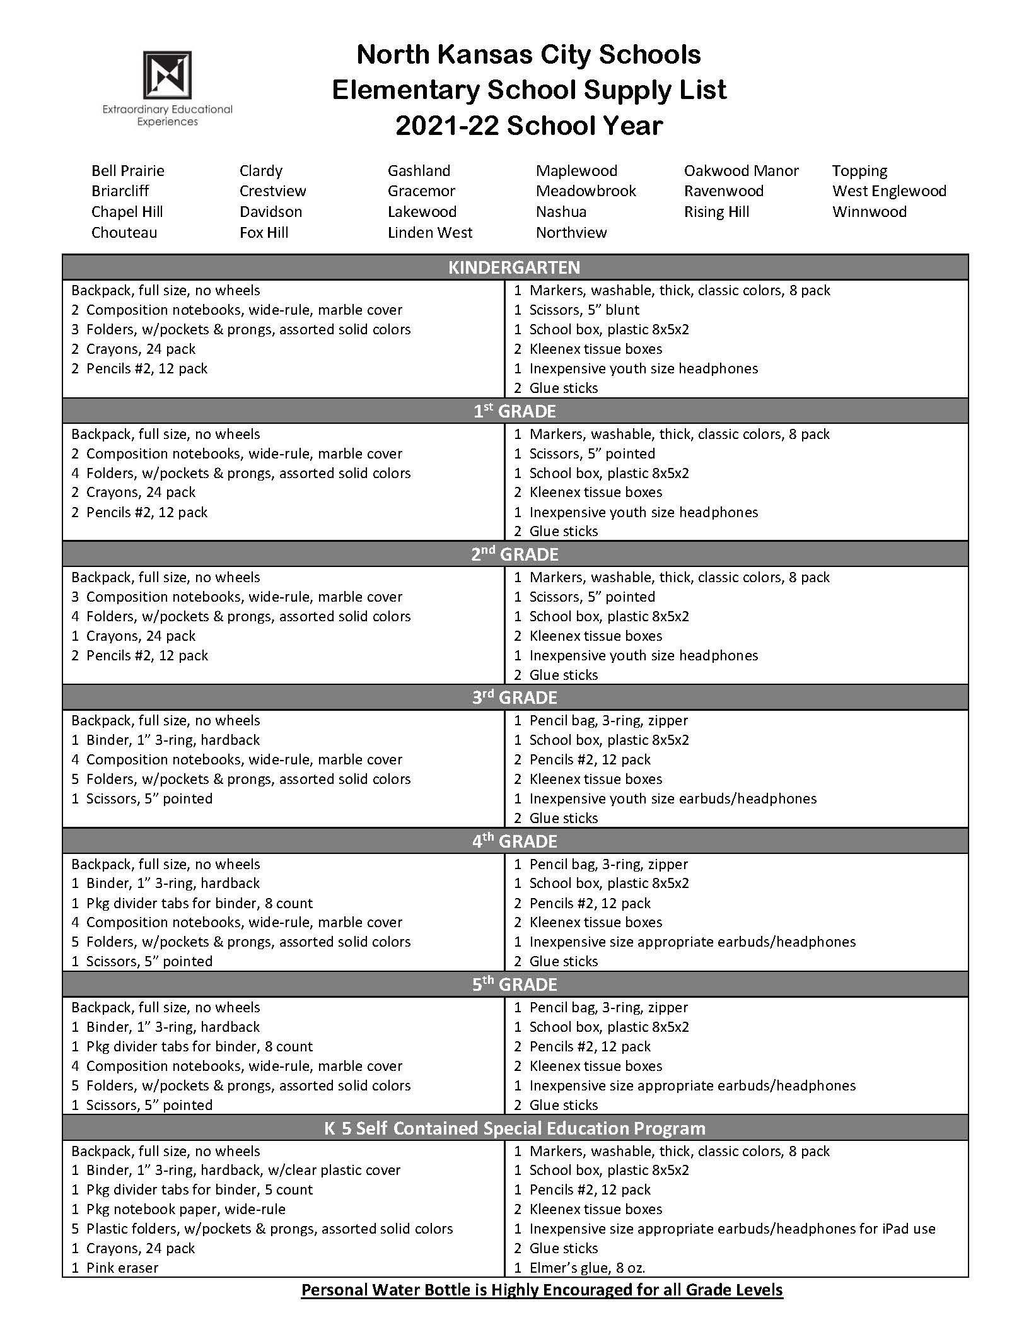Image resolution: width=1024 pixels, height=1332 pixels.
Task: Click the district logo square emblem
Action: [x=167, y=74]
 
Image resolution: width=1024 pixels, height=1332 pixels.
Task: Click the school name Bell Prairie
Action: [x=127, y=171]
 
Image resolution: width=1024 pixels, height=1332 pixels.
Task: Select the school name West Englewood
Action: [x=889, y=191]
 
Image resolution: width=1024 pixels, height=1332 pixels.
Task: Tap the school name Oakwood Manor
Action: [x=741, y=171]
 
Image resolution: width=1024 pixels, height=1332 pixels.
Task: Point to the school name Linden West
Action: [x=429, y=233]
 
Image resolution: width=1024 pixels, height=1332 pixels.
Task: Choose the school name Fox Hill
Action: [x=264, y=233]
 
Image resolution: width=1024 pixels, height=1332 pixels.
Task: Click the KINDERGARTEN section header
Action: [x=514, y=267]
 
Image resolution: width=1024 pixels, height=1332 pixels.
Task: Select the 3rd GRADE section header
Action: [x=514, y=698]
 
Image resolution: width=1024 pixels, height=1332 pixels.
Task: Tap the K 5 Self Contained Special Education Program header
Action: [x=514, y=1128]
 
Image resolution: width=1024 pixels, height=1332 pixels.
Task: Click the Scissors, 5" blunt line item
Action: [x=583, y=310]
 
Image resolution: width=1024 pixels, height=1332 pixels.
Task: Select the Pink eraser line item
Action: [x=122, y=1268]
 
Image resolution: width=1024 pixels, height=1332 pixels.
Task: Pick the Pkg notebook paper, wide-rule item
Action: [x=185, y=1209]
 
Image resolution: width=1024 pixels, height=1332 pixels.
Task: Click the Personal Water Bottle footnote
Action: [x=542, y=1290]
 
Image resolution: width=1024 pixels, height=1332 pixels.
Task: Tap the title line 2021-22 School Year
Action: [x=528, y=126]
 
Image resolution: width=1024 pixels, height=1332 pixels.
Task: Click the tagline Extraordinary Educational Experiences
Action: [x=167, y=115]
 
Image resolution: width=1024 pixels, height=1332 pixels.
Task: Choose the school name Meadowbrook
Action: [x=586, y=191]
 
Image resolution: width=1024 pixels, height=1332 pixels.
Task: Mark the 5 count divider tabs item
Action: [x=199, y=1189]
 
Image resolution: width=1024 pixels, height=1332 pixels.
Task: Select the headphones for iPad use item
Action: [x=731, y=1229]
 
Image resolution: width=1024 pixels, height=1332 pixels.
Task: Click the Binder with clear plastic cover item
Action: [x=243, y=1170]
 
